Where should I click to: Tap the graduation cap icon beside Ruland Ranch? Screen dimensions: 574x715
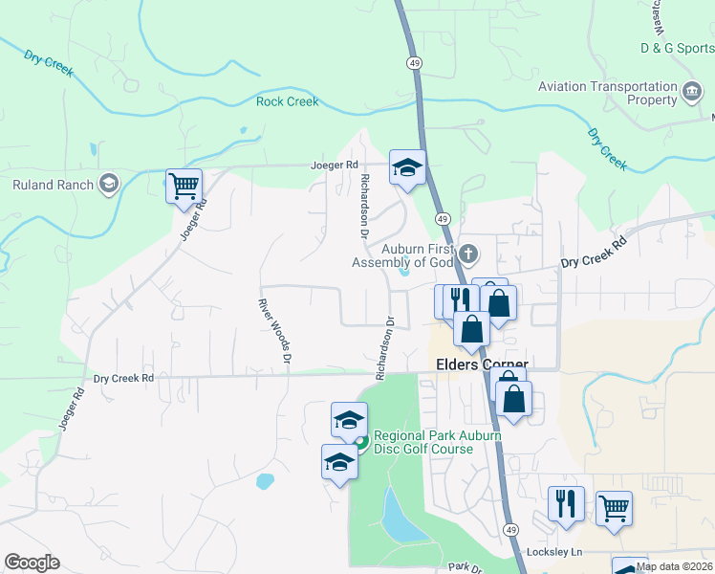click(109, 184)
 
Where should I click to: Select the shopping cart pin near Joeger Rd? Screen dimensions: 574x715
click(184, 185)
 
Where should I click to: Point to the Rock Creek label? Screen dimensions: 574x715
click(287, 101)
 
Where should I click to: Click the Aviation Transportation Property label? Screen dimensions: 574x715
click(607, 93)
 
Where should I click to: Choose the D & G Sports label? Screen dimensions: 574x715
click(677, 47)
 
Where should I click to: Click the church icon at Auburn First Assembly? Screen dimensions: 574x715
click(467, 254)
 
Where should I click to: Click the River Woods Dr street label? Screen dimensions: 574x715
click(273, 330)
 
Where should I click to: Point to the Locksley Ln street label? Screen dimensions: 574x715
click(554, 553)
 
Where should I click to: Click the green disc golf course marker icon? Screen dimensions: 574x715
click(361, 441)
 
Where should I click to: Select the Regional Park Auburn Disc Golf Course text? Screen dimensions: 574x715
click(422, 442)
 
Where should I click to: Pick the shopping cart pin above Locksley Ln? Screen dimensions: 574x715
click(614, 507)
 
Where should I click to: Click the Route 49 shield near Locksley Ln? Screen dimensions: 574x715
click(511, 529)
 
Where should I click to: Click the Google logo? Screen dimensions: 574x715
click(32, 563)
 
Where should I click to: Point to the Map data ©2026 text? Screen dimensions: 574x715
click(675, 566)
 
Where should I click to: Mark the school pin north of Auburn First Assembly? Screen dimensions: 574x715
click(407, 167)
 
